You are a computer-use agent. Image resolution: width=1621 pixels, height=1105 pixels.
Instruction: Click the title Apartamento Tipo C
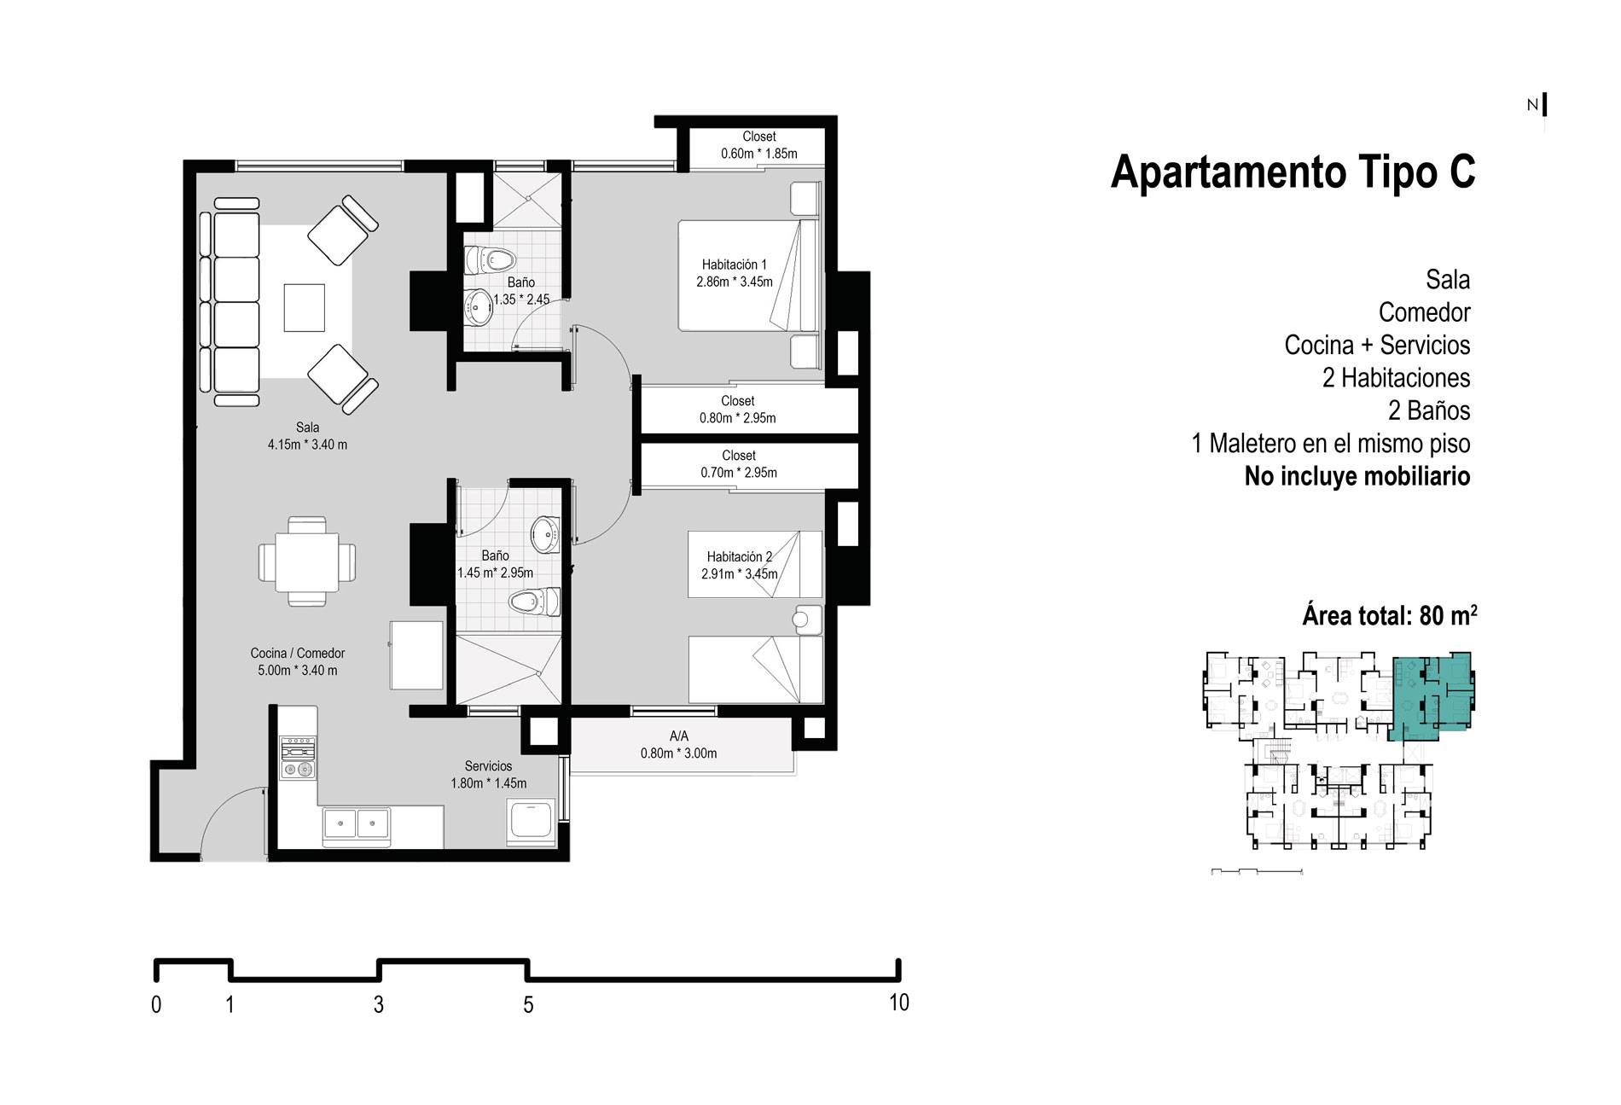[1293, 172]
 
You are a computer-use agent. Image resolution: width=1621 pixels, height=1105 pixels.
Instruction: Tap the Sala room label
[307, 436]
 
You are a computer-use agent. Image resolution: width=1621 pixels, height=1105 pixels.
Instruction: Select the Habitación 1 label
[734, 273]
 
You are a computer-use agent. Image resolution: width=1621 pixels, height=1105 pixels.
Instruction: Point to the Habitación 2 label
[739, 565]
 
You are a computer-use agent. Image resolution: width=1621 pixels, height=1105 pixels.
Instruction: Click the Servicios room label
[488, 775]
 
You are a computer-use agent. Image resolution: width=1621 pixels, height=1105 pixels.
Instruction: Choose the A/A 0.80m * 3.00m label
[678, 745]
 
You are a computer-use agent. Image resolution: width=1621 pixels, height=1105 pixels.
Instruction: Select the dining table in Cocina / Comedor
[307, 561]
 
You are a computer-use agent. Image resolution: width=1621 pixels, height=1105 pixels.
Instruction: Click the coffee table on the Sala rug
[305, 307]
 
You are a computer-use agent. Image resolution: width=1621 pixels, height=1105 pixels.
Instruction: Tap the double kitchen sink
[356, 825]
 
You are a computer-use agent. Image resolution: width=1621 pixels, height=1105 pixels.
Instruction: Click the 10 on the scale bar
[899, 1003]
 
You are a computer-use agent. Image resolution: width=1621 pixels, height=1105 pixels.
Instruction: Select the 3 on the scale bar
[379, 1005]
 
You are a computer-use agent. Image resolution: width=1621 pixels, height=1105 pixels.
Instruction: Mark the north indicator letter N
[1532, 106]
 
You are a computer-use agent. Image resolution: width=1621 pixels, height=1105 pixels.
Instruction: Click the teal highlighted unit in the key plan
[1428, 694]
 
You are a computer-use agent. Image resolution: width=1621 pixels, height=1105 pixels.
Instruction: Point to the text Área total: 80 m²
[1390, 615]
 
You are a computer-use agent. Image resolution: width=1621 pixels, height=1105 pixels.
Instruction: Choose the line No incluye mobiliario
[1357, 476]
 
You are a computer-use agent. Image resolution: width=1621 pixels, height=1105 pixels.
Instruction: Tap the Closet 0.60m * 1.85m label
[758, 145]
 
